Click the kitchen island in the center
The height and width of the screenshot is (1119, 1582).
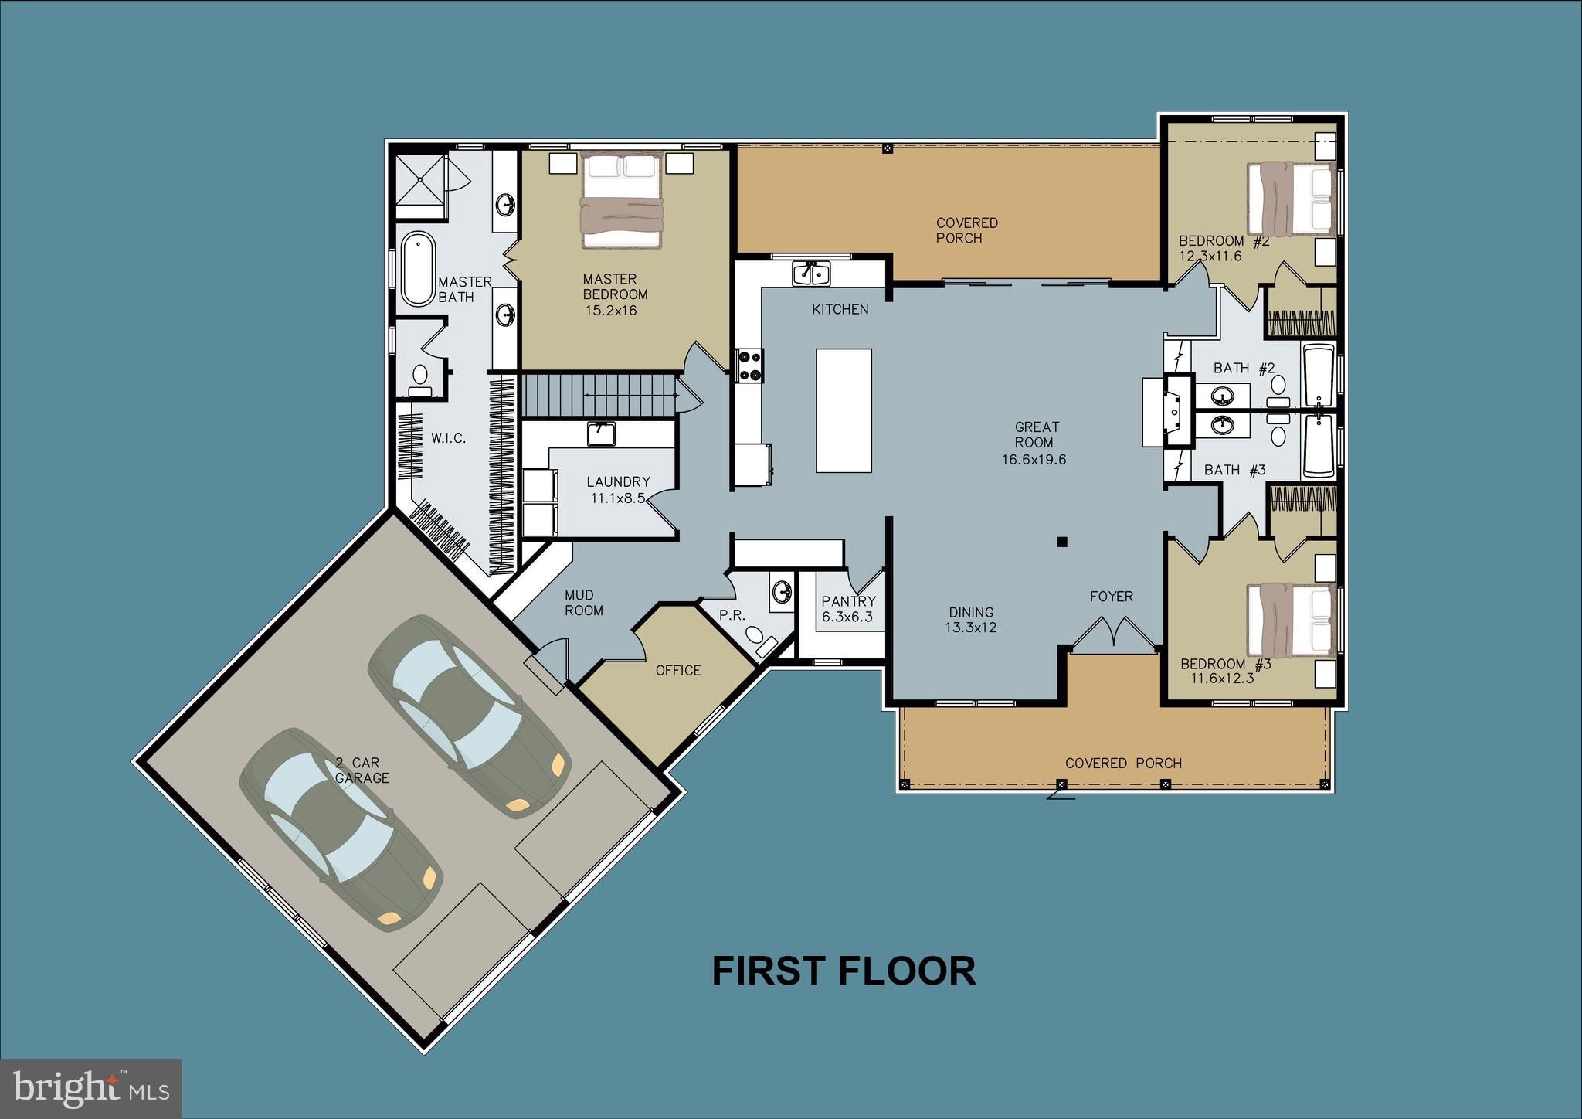point(844,410)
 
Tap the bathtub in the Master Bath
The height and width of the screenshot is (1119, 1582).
point(417,269)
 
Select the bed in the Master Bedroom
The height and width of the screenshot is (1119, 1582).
point(622,199)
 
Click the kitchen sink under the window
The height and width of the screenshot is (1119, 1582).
point(810,273)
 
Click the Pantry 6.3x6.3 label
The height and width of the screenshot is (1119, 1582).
point(847,608)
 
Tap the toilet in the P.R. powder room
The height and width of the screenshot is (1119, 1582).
point(756,637)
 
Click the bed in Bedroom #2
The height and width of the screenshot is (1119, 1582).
point(1291,199)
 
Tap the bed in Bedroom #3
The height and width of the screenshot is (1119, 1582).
point(1291,621)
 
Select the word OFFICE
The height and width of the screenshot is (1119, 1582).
point(678,670)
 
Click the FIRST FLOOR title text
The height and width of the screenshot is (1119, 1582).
point(844,971)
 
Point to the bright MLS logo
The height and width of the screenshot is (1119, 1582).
point(90,1088)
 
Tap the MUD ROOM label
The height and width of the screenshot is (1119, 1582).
point(583,602)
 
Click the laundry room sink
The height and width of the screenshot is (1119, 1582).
point(601,434)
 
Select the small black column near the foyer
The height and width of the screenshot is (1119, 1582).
point(1061,542)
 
